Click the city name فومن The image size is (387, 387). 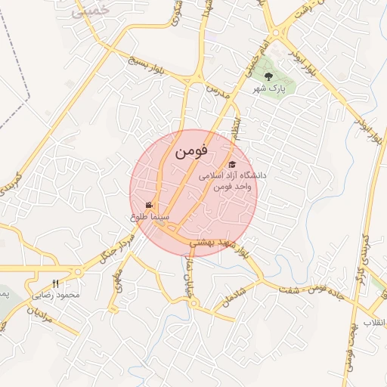tap(190, 151)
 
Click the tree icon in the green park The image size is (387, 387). tap(268, 75)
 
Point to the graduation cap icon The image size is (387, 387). tap(232, 165)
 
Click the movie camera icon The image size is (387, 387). tap(150, 206)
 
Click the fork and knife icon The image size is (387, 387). tap(55, 283)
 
